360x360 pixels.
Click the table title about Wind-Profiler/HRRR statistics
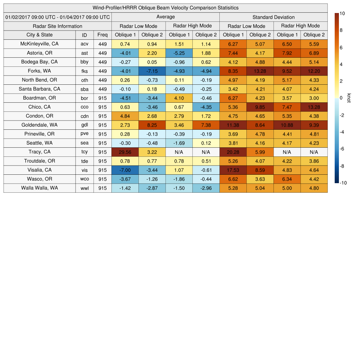click(x=166, y=8)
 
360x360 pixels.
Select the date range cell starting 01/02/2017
click(x=58, y=17)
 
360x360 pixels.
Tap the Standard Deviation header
click(x=274, y=17)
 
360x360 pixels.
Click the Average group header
click(x=166, y=17)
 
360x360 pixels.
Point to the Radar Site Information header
click(x=58, y=26)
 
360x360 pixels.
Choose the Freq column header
click(x=103, y=35)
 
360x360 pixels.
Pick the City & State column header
click(x=39, y=35)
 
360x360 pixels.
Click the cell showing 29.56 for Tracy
click(x=125, y=152)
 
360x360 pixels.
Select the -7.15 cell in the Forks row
click(x=152, y=71)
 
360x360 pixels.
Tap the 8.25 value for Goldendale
click(x=152, y=125)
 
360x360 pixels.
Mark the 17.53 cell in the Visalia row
click(x=233, y=170)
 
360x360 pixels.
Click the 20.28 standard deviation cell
click(x=233, y=152)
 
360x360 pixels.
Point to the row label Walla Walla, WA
click(x=39, y=188)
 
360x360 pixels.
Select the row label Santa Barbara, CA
click(x=39, y=89)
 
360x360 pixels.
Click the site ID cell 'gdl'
click(x=84, y=125)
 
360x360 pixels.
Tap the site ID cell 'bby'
click(x=84, y=62)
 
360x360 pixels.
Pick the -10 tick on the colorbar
click(x=344, y=183)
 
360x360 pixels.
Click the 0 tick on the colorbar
click(x=341, y=98)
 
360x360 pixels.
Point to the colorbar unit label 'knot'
click(x=349, y=98)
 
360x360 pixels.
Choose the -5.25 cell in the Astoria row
click(x=179, y=53)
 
